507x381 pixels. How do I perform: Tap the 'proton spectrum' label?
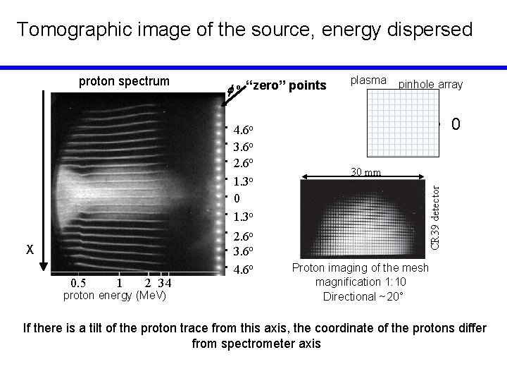click(124, 80)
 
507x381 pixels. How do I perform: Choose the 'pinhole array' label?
click(430, 85)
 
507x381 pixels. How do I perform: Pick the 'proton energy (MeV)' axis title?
click(115, 296)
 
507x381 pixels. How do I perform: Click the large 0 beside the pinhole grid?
click(456, 126)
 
